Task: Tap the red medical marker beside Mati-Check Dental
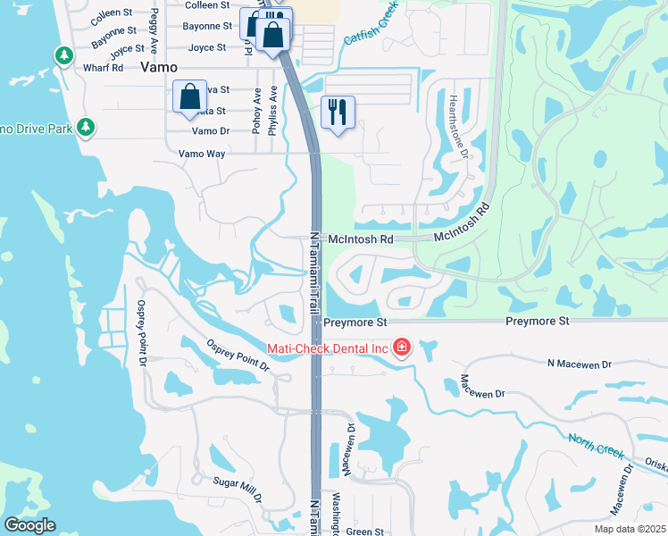click(402, 347)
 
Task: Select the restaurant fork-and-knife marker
click(338, 113)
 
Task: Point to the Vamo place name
click(159, 67)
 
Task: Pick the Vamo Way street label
click(202, 154)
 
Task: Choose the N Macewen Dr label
click(579, 364)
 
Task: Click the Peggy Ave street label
click(154, 30)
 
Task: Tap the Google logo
click(29, 525)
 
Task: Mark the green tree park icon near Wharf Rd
click(64, 56)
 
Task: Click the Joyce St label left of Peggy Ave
click(128, 48)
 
